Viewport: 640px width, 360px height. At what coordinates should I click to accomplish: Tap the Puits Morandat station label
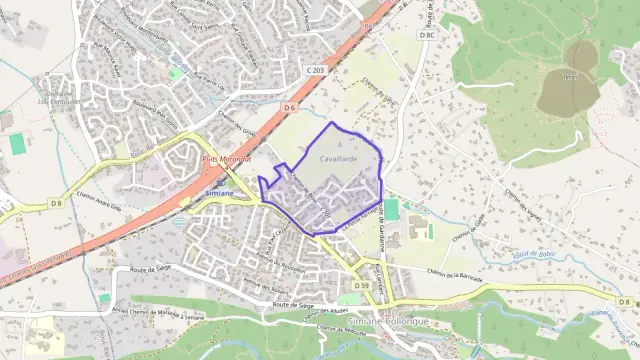coord(226,159)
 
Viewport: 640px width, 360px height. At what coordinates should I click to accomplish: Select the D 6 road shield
coord(289,106)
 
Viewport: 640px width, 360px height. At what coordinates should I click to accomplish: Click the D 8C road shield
coord(427,35)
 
